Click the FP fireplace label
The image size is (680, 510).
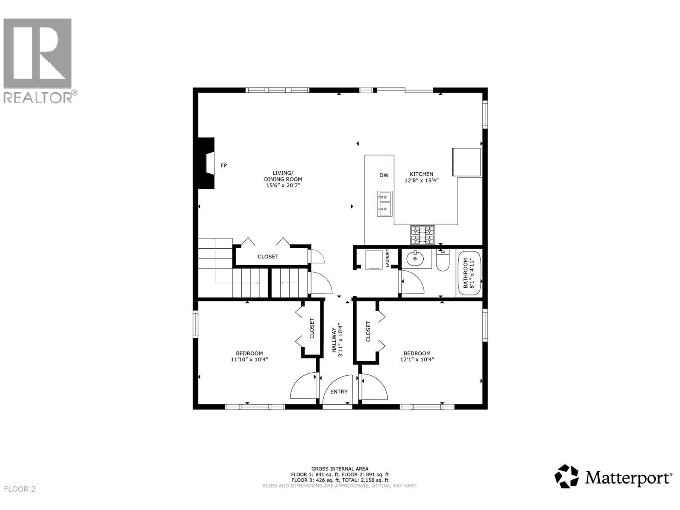(224, 165)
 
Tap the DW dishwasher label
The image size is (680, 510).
(384, 175)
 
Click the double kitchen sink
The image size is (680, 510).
(385, 204)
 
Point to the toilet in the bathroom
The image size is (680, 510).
(442, 261)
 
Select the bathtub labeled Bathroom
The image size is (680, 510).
(469, 274)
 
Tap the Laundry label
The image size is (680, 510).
(387, 258)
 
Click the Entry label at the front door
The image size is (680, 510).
(339, 391)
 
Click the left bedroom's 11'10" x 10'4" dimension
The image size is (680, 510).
(249, 360)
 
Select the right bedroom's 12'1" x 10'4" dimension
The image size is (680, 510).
(417, 360)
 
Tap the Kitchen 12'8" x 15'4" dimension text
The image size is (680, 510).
(421, 180)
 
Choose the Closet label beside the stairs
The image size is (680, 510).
(268, 257)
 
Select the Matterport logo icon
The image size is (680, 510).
(567, 476)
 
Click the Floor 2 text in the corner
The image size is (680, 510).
(20, 489)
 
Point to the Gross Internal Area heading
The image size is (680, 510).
(340, 469)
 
